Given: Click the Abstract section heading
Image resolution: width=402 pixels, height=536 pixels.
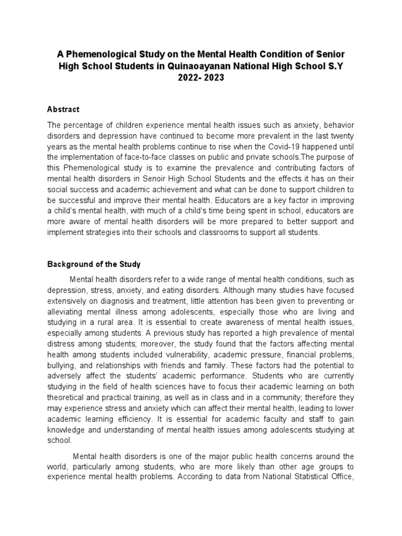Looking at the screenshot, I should click(63, 109).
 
